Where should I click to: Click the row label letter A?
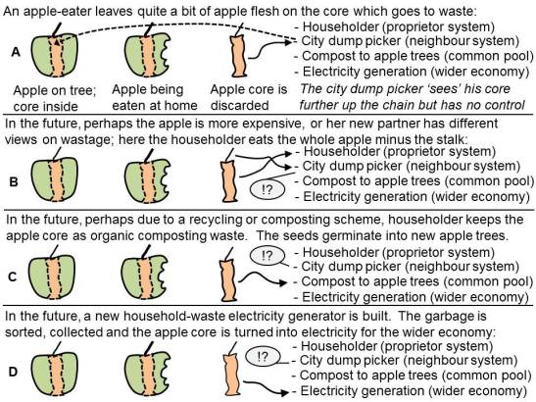(16, 52)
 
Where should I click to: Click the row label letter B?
(14, 181)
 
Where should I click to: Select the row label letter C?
(13, 276)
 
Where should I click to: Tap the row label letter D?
(13, 372)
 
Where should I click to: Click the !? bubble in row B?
(268, 189)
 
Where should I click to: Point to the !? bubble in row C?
(268, 255)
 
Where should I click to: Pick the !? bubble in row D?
(263, 357)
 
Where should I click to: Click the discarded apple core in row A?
(239, 56)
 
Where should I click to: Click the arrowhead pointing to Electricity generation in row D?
(285, 392)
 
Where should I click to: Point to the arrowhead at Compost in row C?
(283, 282)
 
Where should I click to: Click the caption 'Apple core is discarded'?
(249, 97)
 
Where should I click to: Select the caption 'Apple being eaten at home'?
(155, 97)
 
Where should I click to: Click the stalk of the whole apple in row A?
(57, 29)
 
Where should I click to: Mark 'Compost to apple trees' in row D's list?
(368, 376)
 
